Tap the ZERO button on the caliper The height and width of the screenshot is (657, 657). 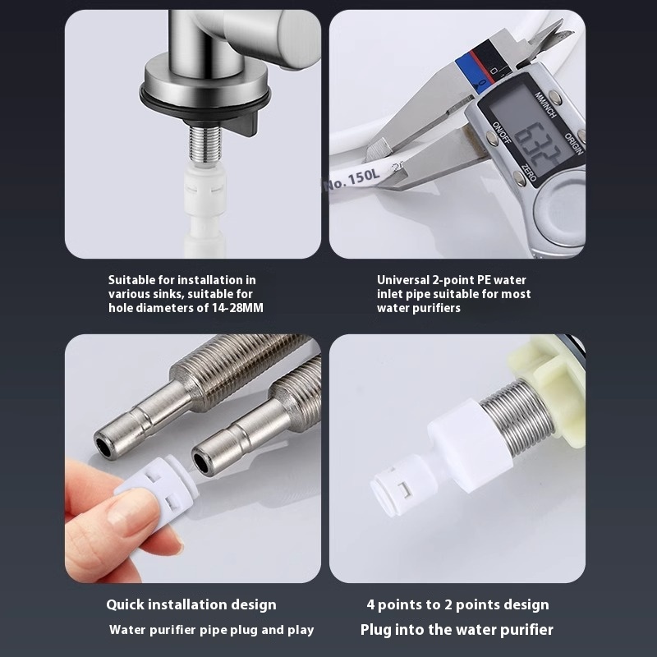529,172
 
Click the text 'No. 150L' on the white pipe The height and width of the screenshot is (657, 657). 352,179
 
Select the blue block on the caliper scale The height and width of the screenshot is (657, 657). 468,71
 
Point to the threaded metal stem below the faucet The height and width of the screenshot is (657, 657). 204,143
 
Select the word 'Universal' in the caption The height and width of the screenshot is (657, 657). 403,280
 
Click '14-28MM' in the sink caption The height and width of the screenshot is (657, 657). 236,308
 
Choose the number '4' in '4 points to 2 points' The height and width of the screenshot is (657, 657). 371,604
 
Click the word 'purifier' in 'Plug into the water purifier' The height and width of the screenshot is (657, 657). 529,630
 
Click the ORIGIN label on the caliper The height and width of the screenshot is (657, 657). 573,145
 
